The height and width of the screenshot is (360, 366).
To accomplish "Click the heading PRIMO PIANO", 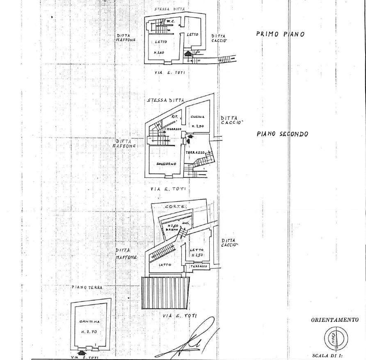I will tap(280, 34).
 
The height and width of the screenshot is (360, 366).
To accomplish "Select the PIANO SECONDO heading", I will tap(282, 134).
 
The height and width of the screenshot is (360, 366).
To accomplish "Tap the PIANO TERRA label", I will tap(87, 288).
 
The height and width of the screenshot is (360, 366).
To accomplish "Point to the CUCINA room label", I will tap(197, 117).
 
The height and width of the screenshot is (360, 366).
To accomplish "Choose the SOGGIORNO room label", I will tap(166, 164).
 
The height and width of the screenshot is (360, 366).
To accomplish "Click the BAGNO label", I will tap(172, 230).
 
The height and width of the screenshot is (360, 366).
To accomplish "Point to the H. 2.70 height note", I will tap(88, 330).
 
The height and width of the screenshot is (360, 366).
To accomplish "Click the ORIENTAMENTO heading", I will tap(335, 320).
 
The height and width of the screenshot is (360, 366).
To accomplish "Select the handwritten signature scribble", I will tap(193, 339).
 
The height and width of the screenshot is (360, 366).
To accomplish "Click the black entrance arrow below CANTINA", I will tap(79, 352).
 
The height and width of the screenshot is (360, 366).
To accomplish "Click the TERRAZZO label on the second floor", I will tap(195, 152).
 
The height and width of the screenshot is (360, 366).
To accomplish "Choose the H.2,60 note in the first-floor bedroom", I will tap(159, 53).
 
